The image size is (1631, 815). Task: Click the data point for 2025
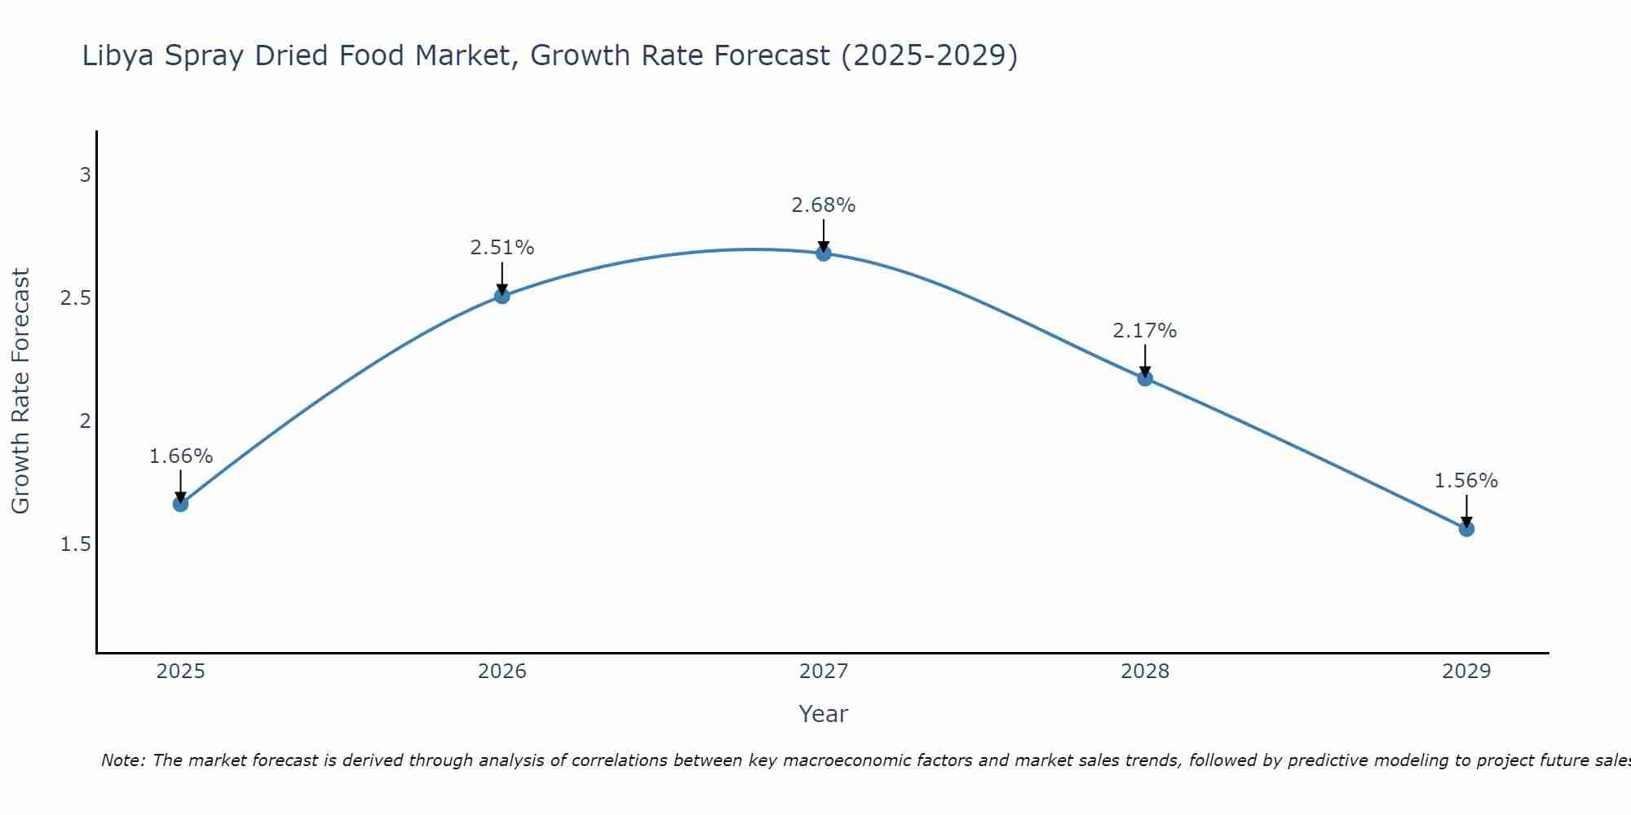[180, 504]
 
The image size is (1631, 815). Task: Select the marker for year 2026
[502, 296]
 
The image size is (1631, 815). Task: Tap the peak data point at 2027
[824, 253]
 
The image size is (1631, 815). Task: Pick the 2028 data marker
[1145, 378]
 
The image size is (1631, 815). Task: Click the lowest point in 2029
[1466, 529]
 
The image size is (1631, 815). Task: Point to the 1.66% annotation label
[180, 456]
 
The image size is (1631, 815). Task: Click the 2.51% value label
[502, 248]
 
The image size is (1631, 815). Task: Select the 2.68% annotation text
[824, 205]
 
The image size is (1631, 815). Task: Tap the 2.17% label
[1145, 331]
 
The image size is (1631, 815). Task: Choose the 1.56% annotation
[1466, 481]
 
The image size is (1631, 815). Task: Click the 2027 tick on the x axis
[824, 672]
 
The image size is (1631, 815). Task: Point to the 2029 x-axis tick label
[1466, 672]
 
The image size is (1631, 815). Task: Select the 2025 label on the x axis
[180, 672]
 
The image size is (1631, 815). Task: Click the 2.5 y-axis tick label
[75, 298]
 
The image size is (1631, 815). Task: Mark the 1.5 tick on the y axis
[75, 544]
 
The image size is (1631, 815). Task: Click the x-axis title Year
[824, 714]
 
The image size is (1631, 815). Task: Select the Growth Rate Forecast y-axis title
[20, 391]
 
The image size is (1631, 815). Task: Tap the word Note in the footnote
[122, 760]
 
